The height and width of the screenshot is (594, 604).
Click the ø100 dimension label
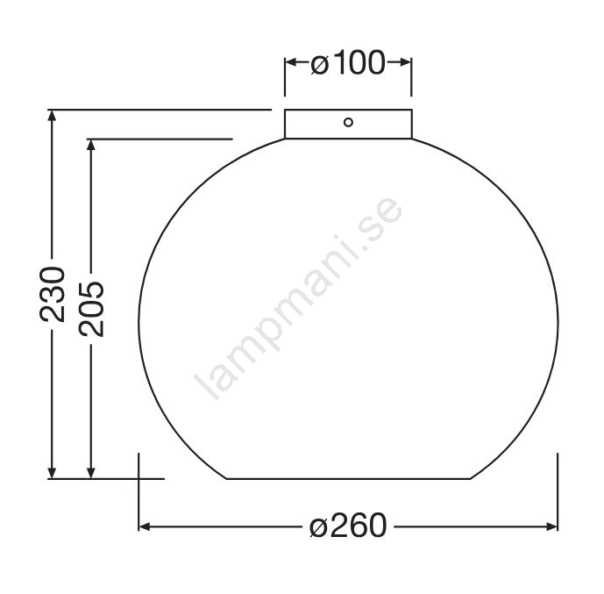coord(348,63)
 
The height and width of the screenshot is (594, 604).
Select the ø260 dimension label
coord(348,526)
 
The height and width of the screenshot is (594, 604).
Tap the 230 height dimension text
coord(53,294)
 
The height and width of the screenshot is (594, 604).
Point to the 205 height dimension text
coord(91,309)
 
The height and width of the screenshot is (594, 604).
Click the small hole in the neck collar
coord(348,123)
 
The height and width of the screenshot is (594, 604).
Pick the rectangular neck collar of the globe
coord(348,124)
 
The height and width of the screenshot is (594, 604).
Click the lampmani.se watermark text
coord(298,298)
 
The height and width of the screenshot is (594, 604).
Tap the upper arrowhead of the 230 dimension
coord(52,115)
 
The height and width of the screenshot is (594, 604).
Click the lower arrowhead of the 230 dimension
coord(52,473)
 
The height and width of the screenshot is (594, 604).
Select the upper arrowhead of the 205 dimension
coord(91,145)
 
